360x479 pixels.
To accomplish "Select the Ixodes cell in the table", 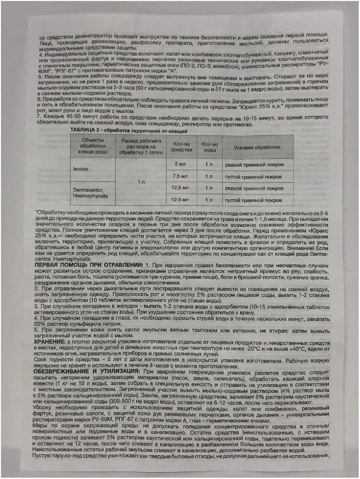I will click(80, 169).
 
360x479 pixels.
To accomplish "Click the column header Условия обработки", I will click(257, 148).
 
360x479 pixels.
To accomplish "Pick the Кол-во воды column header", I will click(210, 147).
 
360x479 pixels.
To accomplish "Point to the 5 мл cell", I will click(180, 164).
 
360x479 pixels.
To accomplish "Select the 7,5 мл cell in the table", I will click(180, 176).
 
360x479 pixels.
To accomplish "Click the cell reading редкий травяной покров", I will click(254, 165).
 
